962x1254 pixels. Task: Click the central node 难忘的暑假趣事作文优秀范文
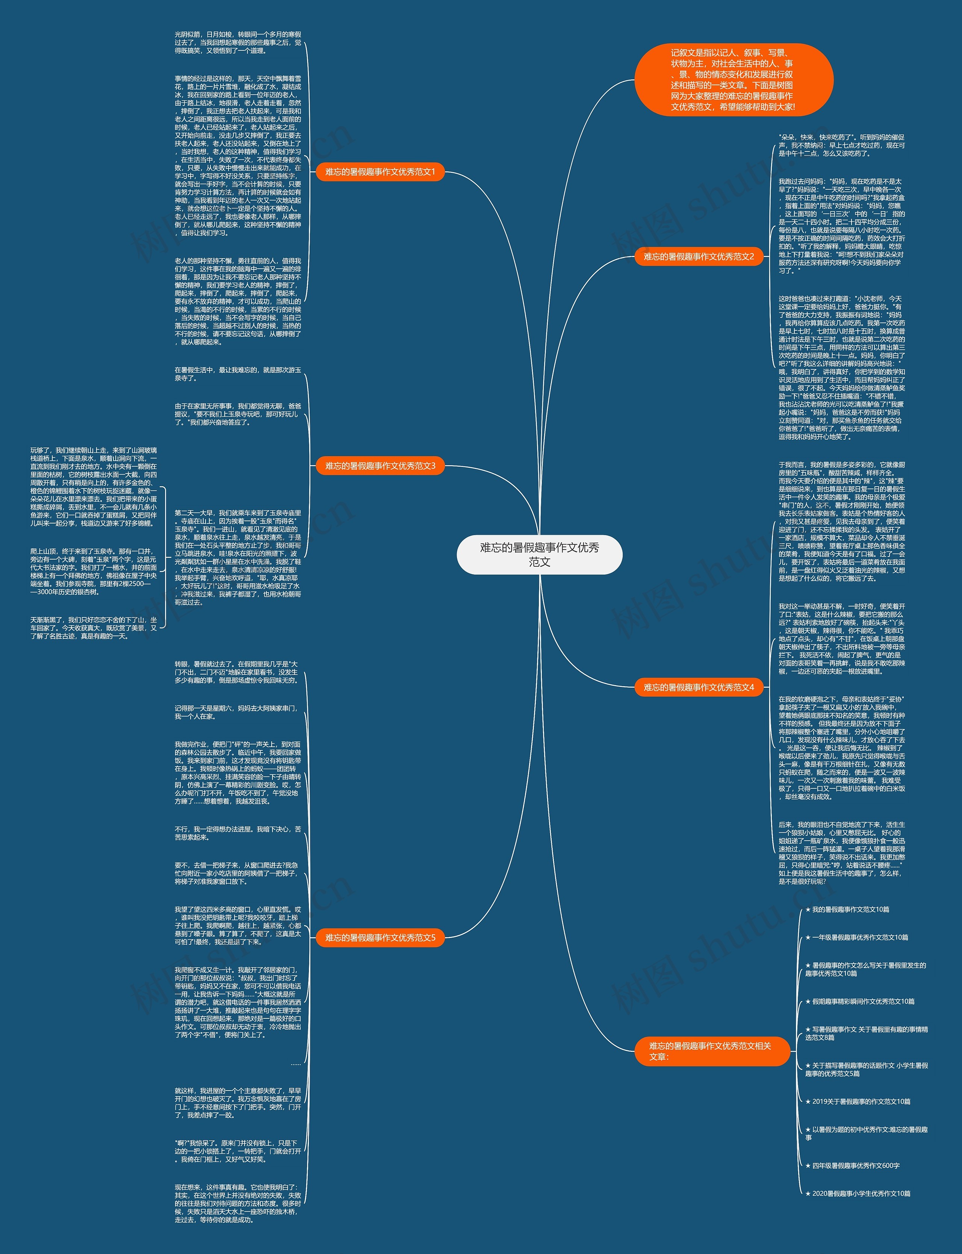click(x=539, y=554)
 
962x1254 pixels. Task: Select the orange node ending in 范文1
click(x=380, y=172)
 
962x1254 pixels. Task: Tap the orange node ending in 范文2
click(x=699, y=257)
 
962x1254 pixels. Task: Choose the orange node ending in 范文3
click(x=380, y=466)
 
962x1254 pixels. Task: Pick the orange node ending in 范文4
click(x=699, y=687)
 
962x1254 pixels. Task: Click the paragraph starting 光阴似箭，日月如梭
click(x=237, y=42)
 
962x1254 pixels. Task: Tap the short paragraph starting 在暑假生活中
click(x=237, y=374)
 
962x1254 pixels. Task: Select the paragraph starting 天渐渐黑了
click(x=93, y=628)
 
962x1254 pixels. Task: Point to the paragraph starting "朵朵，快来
click(x=841, y=145)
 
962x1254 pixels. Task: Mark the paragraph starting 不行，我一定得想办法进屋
click(x=237, y=833)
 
